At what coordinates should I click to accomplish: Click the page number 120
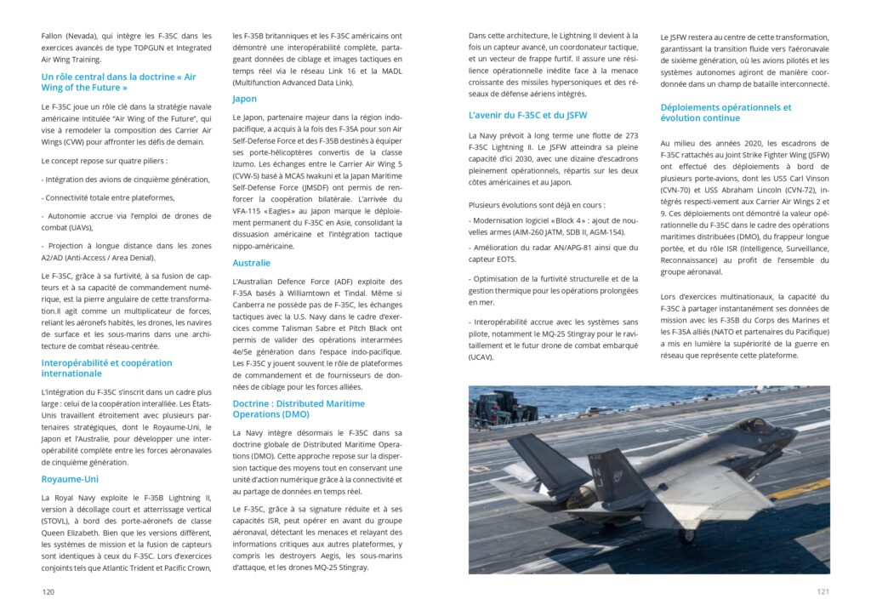click(x=48, y=591)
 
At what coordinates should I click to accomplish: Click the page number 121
click(x=823, y=591)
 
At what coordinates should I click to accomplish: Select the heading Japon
click(x=245, y=100)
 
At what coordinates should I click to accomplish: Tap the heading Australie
click(x=252, y=263)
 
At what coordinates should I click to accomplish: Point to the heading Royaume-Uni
click(x=70, y=479)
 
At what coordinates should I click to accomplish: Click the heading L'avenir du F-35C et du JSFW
click(x=527, y=115)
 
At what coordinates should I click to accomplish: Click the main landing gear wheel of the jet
click(x=687, y=535)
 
